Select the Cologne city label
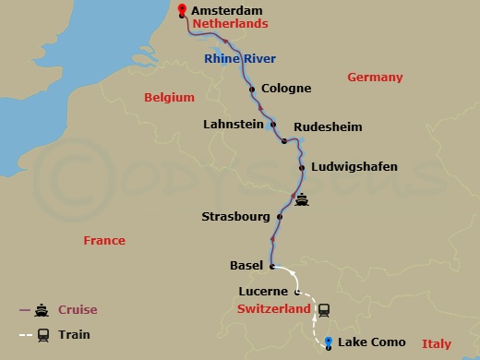[x=285, y=90]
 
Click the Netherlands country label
[x=231, y=23]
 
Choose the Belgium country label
[x=170, y=97]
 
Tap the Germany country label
[x=375, y=78]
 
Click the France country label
[x=103, y=240]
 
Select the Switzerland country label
[x=273, y=309]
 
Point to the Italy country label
[x=436, y=343]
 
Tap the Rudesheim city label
[x=328, y=126]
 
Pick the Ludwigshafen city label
[x=355, y=167]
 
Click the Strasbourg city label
[x=235, y=218]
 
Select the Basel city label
[x=246, y=266]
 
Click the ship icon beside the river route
[x=302, y=198]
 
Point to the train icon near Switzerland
[x=324, y=310]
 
